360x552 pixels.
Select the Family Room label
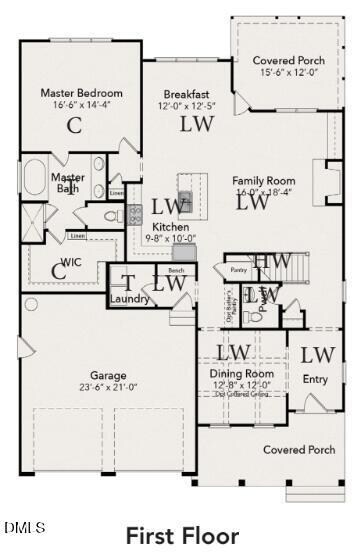pyautogui.click(x=265, y=181)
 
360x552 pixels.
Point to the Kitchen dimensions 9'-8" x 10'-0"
pyautogui.click(x=164, y=238)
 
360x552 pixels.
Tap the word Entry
pyautogui.click(x=315, y=379)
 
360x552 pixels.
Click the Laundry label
pyautogui.click(x=129, y=299)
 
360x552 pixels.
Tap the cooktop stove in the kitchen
pyautogui.click(x=135, y=212)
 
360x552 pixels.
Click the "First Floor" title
pyautogui.click(x=182, y=536)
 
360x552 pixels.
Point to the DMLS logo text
pyautogui.click(x=26, y=526)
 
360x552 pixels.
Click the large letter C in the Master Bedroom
pyautogui.click(x=73, y=125)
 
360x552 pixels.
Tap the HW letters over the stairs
pyautogui.click(x=272, y=261)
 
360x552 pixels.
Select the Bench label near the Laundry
pyautogui.click(x=176, y=270)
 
